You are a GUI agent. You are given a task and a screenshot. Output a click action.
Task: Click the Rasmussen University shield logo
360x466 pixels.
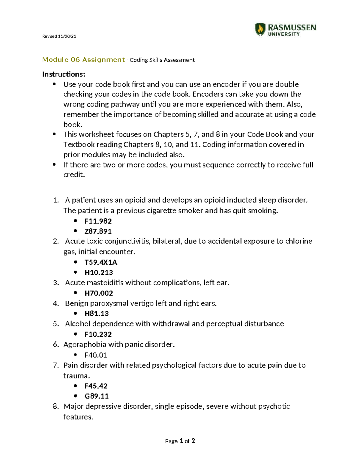tap(260, 29)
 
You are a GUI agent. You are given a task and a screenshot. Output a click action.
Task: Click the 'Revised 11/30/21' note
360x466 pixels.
tap(59, 36)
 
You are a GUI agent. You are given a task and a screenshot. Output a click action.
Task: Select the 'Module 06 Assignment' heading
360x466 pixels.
tap(83, 60)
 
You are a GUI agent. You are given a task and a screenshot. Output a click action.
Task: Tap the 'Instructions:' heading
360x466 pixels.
tap(64, 74)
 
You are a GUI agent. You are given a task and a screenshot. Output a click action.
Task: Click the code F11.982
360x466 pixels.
tap(98, 221)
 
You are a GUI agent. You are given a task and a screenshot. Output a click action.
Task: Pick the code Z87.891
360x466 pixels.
tap(98, 231)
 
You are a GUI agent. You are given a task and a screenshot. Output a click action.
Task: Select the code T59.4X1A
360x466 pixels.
tap(101, 262)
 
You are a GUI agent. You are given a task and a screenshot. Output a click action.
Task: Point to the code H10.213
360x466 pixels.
tap(99, 272)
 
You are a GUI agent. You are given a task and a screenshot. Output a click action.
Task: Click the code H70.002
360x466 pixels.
tap(99, 293)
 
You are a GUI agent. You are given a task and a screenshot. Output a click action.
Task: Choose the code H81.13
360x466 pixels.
tap(97, 314)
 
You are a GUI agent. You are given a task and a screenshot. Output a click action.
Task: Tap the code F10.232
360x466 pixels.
tap(98, 334)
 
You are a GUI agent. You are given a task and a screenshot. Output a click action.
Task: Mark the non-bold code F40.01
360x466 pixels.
tap(96, 355)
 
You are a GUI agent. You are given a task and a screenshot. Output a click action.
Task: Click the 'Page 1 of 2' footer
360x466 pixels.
tap(180, 441)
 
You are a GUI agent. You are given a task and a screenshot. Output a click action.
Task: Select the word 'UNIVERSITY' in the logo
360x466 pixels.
tap(284, 34)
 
